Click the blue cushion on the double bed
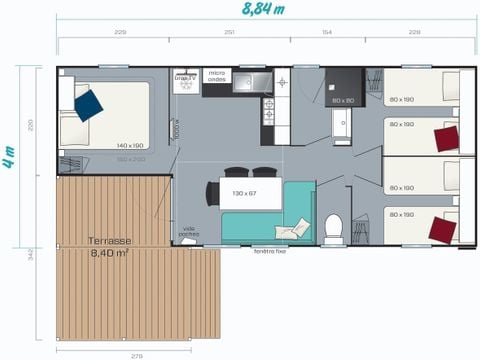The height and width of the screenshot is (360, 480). [88, 105]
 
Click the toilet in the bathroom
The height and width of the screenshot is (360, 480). [333, 229]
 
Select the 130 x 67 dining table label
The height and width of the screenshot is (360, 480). [245, 192]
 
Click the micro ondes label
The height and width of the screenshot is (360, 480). [217, 75]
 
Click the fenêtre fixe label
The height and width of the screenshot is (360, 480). [270, 250]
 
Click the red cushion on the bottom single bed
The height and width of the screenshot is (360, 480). [441, 230]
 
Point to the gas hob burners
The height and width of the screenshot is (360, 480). [268, 109]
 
